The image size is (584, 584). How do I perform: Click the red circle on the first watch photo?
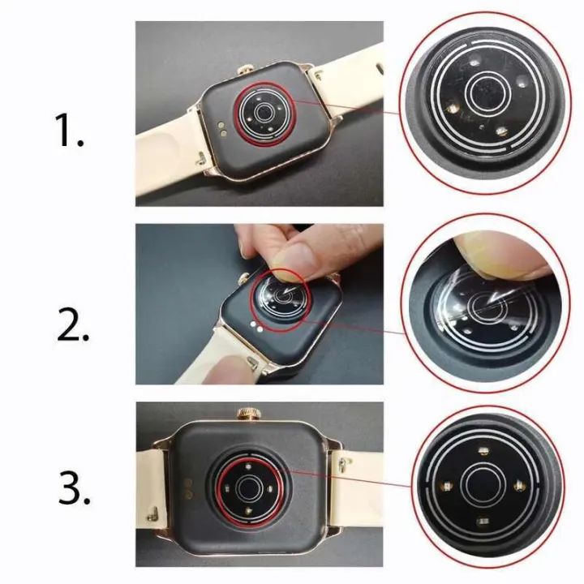tap(261, 113)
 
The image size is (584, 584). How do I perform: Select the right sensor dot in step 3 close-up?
tap(520, 486)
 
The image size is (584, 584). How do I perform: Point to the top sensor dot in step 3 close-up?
tap(483, 449)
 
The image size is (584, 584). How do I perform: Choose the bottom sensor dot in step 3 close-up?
tap(483, 522)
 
